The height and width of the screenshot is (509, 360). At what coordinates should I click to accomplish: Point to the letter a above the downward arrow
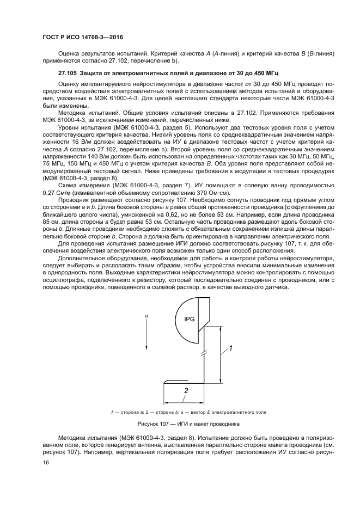coord(146,315)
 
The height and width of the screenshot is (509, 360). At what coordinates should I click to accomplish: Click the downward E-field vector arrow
coord(146,332)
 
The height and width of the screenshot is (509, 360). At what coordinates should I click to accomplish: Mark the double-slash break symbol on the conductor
coord(204,354)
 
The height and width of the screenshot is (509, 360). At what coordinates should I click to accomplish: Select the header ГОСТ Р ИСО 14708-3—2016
coord(82,37)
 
